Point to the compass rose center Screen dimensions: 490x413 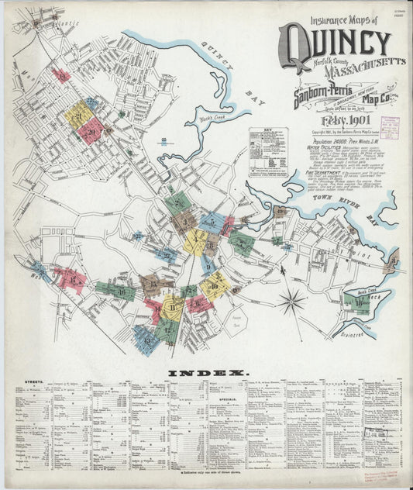coord(292,301)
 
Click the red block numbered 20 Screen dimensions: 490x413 coord(91,132)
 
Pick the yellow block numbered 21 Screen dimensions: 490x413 coord(78,115)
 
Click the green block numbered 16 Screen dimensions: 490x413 coord(115,292)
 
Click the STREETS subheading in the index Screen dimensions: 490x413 coord(34,381)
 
